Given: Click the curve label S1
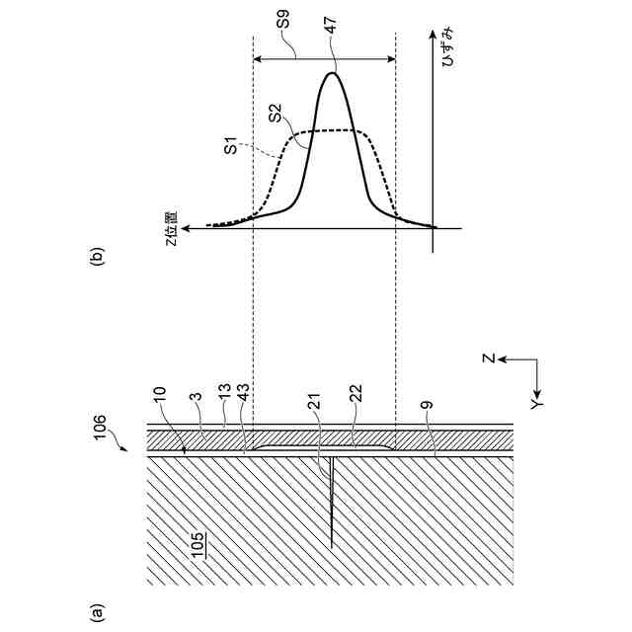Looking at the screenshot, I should coord(229,149).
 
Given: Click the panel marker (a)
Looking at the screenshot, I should coord(96,612).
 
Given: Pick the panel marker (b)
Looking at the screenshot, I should coord(96,259).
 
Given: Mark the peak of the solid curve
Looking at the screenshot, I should coord(332,72).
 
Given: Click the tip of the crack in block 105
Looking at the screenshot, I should coord(332,545).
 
